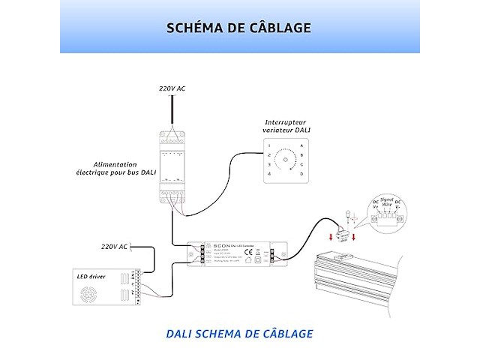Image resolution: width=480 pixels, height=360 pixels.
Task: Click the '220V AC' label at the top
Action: pyautogui.click(x=172, y=88)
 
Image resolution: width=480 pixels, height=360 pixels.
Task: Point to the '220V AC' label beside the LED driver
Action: pyautogui.click(x=114, y=246)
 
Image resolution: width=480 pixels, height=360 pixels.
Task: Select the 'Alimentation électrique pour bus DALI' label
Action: pyautogui.click(x=121, y=168)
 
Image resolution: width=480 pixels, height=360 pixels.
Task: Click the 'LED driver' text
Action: pyautogui.click(x=91, y=276)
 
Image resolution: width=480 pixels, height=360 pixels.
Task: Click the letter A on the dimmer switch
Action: pyautogui.click(x=301, y=144)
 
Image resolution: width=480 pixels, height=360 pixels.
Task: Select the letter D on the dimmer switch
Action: pyautogui.click(x=301, y=174)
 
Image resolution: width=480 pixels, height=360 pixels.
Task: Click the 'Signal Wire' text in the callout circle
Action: pyautogui.click(x=387, y=202)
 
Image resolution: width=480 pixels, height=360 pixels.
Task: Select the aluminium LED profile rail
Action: pyautogui.click(x=375, y=281)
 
